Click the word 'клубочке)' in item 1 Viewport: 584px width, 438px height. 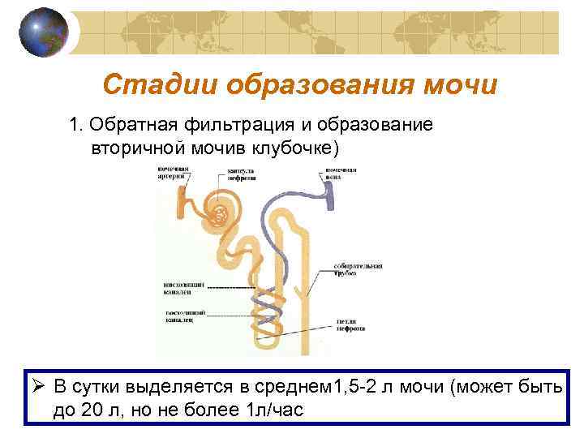(301, 149)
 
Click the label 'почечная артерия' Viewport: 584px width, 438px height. (174, 173)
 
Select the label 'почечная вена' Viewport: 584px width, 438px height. (341, 173)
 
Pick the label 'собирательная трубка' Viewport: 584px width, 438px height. (358, 269)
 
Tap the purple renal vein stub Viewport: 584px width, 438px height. (330, 193)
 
